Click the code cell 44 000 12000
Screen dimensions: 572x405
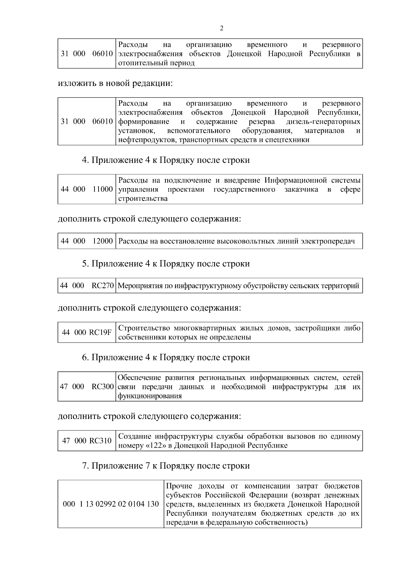[x=87, y=241]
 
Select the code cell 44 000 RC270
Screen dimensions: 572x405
[x=87, y=286]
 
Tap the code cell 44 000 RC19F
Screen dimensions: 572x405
[x=87, y=332]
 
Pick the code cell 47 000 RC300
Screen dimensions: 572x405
[x=87, y=387]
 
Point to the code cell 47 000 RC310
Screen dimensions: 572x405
[x=87, y=441]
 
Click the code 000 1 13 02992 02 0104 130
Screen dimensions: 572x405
[x=111, y=504]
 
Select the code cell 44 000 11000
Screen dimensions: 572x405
[x=87, y=189]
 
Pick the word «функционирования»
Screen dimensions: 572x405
[x=150, y=396]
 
